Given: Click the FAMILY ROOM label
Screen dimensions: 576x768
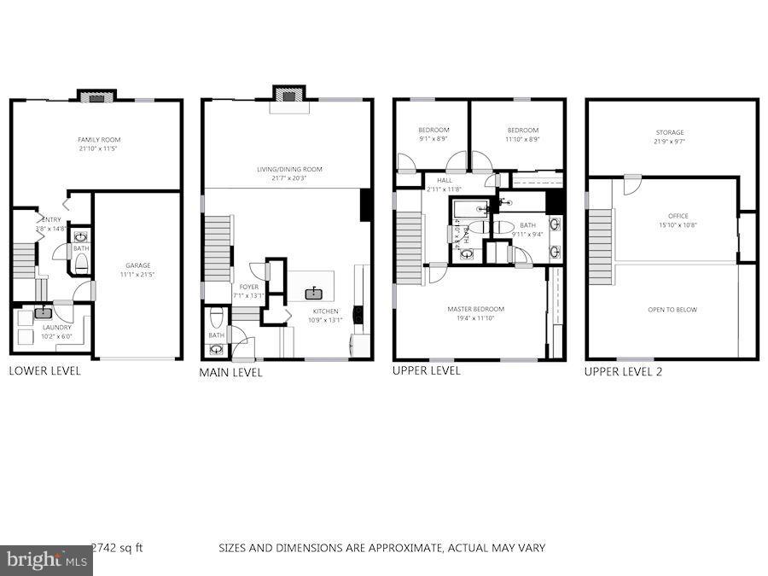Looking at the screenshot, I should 98,139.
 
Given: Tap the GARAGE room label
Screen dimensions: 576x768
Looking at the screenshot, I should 137,265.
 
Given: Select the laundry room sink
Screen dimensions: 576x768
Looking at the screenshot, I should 44,314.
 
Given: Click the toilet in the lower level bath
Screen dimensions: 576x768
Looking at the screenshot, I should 81,262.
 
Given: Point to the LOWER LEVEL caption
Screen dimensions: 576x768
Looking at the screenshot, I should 44,371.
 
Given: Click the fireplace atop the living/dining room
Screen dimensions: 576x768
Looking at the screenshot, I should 288,96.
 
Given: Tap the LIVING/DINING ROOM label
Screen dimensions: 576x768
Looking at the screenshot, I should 289,169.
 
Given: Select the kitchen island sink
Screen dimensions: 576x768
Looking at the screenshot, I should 317,293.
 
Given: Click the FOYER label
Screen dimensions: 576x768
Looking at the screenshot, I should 248,287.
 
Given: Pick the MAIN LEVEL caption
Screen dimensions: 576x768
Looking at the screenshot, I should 230,373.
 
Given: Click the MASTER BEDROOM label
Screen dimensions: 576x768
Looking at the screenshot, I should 475,309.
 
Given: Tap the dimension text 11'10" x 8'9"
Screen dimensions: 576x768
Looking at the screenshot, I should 522,139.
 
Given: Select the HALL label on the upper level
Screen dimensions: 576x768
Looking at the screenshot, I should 444,181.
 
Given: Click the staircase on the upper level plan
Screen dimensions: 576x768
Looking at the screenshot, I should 410,248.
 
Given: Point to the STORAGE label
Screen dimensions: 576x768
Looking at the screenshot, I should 670,132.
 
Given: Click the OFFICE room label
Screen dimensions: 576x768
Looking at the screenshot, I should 678,216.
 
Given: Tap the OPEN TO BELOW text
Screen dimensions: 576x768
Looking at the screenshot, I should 674,310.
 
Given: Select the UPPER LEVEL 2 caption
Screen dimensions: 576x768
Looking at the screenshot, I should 623,372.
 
